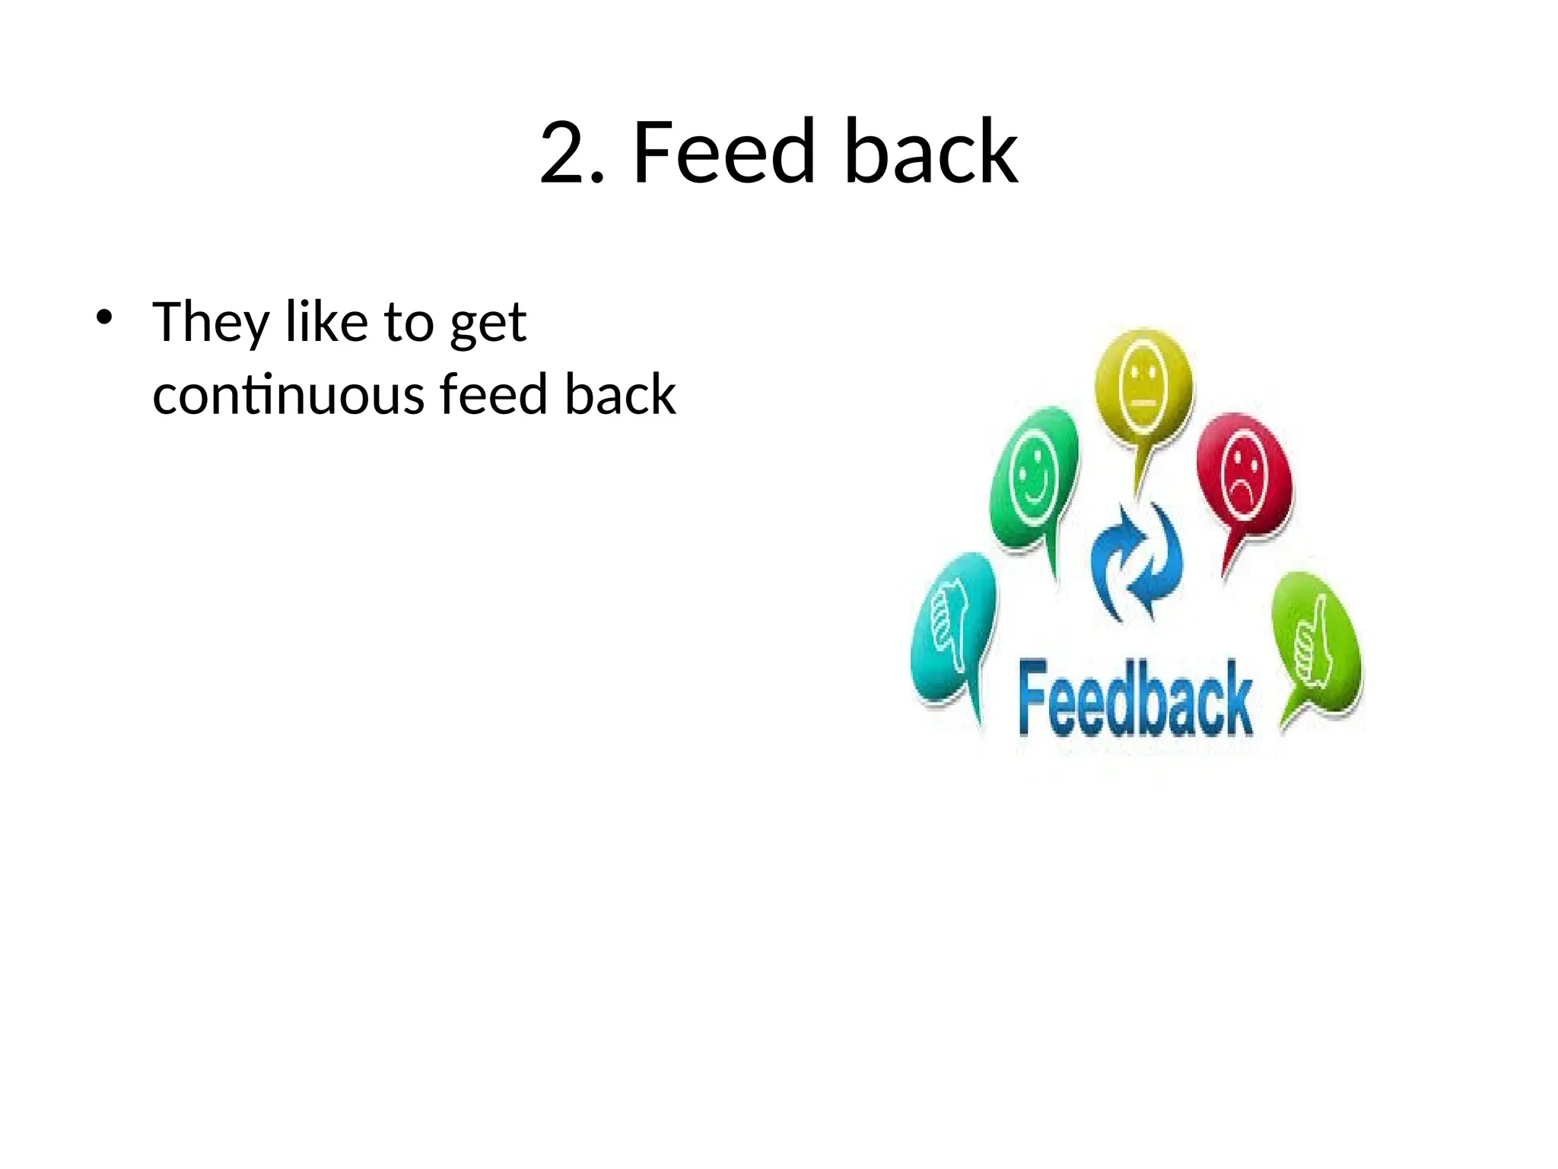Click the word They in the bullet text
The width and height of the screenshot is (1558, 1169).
coord(211,323)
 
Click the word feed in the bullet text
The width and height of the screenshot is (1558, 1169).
coord(493,395)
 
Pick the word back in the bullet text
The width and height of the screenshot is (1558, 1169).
coord(619,395)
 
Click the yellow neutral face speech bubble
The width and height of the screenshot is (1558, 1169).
coord(1143,387)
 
